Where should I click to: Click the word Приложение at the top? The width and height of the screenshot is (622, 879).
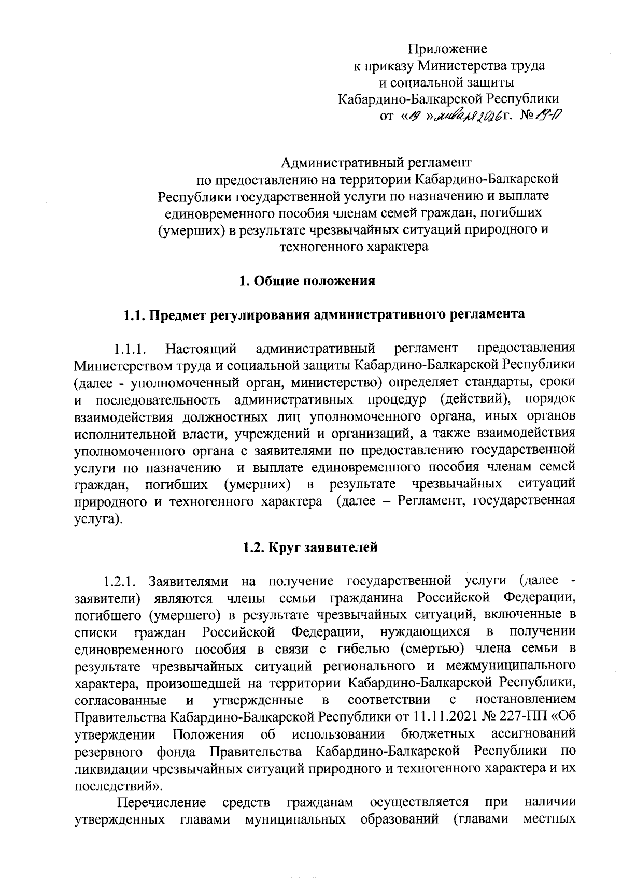tap(447, 49)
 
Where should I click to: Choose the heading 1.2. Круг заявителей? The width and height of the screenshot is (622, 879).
tap(310, 547)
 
